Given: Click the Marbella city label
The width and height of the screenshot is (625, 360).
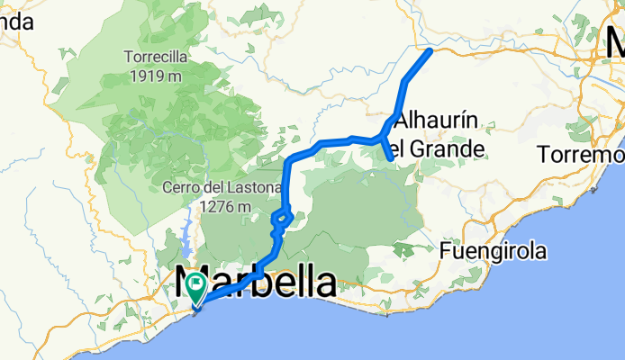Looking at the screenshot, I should tap(256, 283).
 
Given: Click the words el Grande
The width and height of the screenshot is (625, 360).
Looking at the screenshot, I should tap(441, 148).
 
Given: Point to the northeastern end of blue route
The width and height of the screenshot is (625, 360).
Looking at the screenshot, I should tap(430, 50).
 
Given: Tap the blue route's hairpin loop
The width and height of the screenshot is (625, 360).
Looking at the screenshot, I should tap(283, 219).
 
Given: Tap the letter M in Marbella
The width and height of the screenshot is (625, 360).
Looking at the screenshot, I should tap(193, 283).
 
